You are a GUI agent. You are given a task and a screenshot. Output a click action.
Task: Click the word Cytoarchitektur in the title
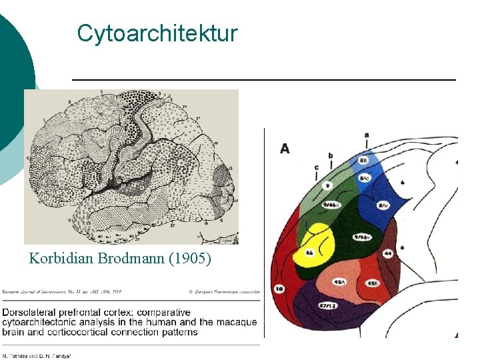pyautogui.click(x=157, y=33)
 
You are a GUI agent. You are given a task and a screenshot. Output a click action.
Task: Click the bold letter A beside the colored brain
pyautogui.click(x=285, y=149)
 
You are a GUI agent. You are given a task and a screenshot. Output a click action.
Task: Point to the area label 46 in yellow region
pyautogui.click(x=309, y=253)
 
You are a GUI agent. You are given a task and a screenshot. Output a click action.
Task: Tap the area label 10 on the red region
pyautogui.click(x=279, y=289)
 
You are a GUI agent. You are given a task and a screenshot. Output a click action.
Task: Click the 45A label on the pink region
pyautogui.click(x=339, y=282)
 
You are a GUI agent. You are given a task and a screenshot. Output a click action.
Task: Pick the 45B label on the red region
pyautogui.click(x=373, y=283)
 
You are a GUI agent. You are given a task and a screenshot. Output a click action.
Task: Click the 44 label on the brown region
pyautogui.click(x=387, y=254)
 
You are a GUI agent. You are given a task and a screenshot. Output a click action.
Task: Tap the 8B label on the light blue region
pyautogui.click(x=363, y=161)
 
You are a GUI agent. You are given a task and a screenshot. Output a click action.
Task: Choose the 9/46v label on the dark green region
pyautogui.click(x=361, y=237)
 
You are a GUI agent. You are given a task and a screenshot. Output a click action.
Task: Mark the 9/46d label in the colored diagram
pyautogui.click(x=331, y=205)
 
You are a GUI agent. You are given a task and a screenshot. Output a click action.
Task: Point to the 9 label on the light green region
pyautogui.click(x=328, y=185)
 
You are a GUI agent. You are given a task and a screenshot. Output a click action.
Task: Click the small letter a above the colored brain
pyautogui.click(x=366, y=135)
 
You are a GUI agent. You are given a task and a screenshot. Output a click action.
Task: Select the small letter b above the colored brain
pyautogui.click(x=331, y=155)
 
